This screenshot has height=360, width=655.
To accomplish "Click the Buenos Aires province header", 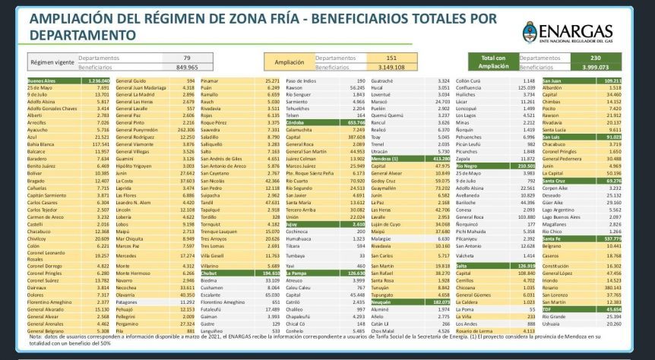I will (43, 80).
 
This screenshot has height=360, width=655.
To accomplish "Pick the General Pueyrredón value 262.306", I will (185, 129).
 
